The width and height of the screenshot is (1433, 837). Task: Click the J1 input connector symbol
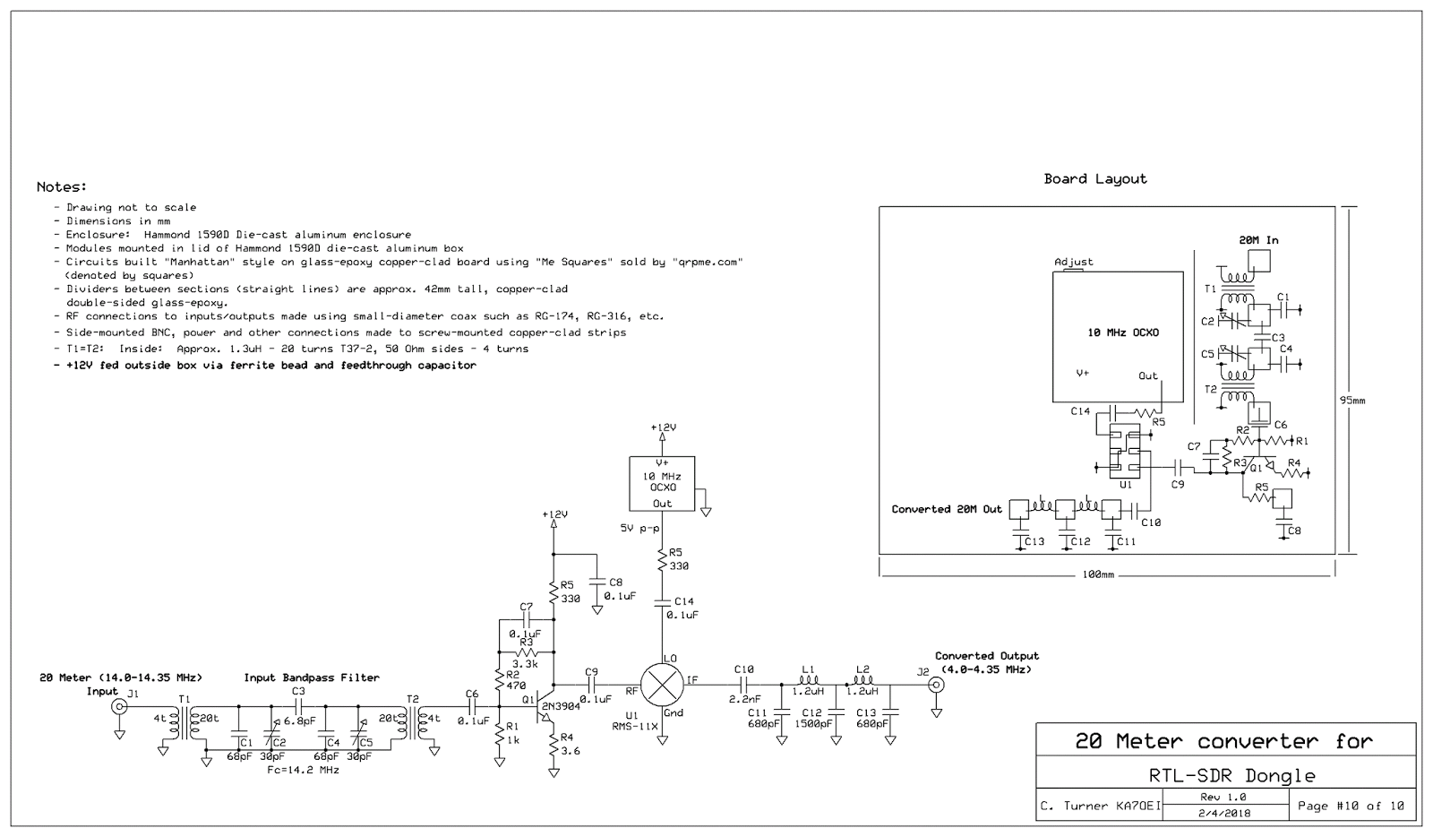[x=118, y=707]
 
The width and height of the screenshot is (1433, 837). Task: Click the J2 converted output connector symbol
[x=936, y=686]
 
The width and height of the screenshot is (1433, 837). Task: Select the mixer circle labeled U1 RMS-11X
[x=662, y=686]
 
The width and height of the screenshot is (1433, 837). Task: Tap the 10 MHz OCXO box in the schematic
[x=662, y=483]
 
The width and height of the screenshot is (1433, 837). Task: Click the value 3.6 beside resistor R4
[x=570, y=750]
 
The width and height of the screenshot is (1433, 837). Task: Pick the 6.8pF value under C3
[x=299, y=721]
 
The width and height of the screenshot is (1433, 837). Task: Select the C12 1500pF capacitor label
[x=818, y=718]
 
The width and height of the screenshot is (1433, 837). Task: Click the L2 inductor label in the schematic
[x=862, y=669]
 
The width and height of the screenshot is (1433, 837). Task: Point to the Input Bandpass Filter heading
[x=312, y=677]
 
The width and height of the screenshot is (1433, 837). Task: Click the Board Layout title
[x=1094, y=178]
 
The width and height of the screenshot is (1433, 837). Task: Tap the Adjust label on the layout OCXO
[x=1073, y=262]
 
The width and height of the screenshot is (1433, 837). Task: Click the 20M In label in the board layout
[x=1258, y=240]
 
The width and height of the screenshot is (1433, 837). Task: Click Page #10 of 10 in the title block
[x=1351, y=806]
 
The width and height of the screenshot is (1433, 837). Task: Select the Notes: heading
[x=62, y=187]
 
